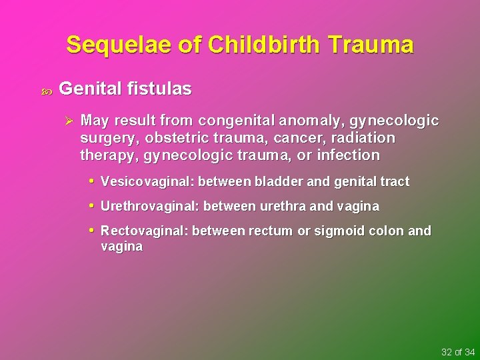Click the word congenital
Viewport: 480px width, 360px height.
[234, 121]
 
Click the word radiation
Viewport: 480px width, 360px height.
[366, 138]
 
